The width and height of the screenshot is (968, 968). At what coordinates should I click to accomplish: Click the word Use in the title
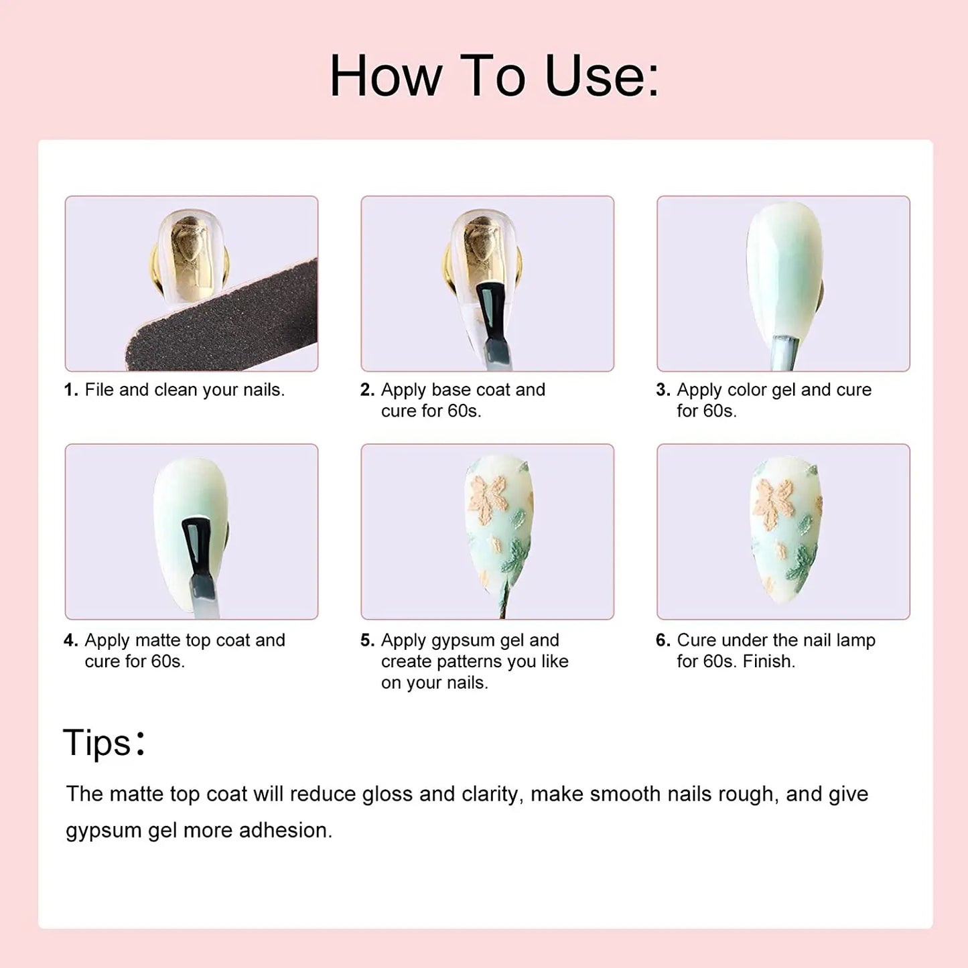(x=601, y=76)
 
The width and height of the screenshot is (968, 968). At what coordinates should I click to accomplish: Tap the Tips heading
(x=104, y=742)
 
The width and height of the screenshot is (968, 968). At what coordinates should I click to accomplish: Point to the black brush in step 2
(x=492, y=322)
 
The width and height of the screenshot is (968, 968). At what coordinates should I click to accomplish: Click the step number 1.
(x=71, y=390)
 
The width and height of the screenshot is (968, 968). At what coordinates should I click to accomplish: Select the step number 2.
(x=367, y=390)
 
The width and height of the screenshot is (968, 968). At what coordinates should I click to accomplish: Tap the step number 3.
(x=663, y=390)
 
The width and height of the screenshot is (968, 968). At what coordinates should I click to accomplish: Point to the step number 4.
(x=71, y=640)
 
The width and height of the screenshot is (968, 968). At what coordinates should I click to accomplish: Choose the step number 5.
(x=367, y=640)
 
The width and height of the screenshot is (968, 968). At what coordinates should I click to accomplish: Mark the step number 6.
(x=663, y=640)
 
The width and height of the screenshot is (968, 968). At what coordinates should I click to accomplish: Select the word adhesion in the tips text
(x=285, y=831)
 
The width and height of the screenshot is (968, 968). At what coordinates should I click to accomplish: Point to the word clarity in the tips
(x=493, y=794)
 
